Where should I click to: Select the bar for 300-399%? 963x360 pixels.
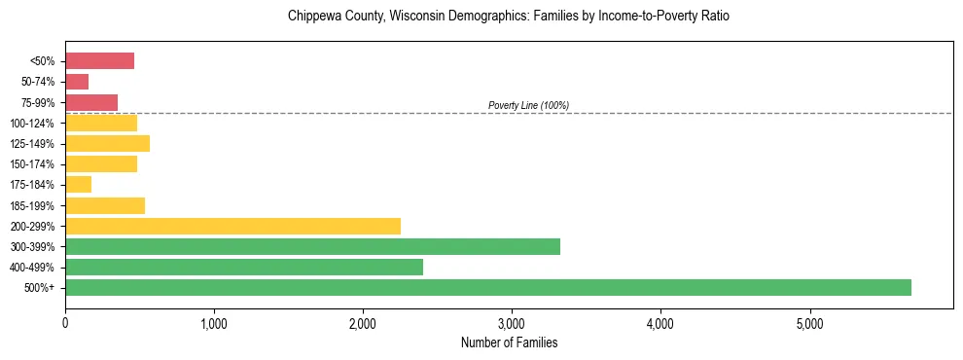point(312,246)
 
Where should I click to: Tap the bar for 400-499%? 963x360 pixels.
point(244,267)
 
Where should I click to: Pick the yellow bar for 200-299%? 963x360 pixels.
point(232,226)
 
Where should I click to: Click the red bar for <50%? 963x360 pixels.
point(99,61)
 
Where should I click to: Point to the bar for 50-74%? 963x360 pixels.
point(77,82)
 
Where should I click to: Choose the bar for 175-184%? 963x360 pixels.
point(78,185)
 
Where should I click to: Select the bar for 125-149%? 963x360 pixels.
point(107,144)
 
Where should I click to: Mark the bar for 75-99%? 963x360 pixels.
point(91,102)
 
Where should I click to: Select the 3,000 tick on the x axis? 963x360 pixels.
point(512,323)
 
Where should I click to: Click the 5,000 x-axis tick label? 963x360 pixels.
point(809,323)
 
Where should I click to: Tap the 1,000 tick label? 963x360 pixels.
point(214,323)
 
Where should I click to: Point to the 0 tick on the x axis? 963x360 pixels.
point(65,323)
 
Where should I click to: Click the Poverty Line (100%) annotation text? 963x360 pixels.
point(528,105)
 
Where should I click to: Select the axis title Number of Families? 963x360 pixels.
point(509,342)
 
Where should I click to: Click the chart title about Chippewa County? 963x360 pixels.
point(509,17)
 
